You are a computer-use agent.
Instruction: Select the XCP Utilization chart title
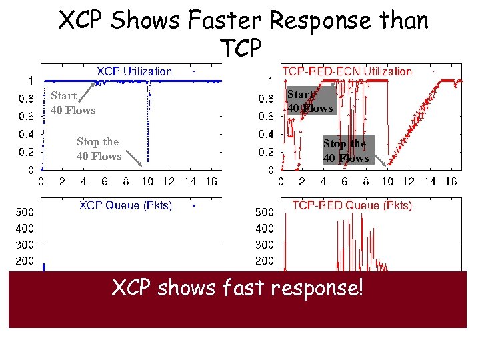134,71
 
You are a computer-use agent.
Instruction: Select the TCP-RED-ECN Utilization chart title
347,71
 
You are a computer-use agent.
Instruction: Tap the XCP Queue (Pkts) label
125,205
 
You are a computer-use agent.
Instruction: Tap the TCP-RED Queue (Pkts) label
352,205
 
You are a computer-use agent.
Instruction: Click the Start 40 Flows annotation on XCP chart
73,103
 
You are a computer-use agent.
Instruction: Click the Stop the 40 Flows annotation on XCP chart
99,149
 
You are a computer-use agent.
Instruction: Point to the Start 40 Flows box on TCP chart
309,101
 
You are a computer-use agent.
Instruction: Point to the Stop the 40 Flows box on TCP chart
345,150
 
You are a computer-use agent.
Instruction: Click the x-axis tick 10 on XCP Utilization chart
147,181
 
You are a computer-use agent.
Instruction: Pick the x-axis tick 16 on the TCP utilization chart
450,181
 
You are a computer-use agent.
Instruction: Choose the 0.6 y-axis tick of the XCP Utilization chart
27,116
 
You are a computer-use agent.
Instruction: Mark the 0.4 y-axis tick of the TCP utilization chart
265,134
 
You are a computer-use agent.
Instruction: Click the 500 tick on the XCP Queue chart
25,213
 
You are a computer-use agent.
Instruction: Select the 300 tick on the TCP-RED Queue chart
264,245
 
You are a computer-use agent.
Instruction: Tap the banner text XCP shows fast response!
237,289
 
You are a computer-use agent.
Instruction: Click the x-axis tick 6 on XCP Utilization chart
105,181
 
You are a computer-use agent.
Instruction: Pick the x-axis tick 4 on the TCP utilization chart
323,181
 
